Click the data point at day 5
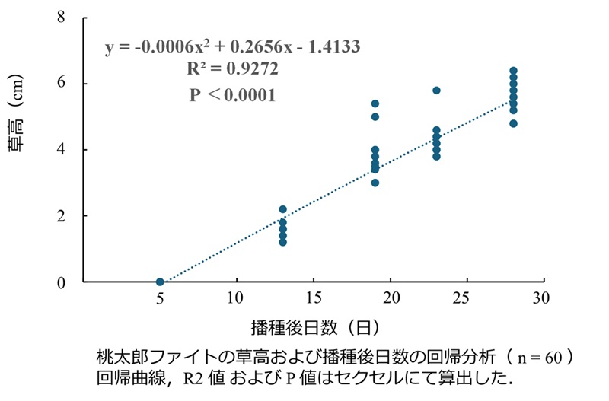[x=160, y=282]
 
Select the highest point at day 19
[x=375, y=103]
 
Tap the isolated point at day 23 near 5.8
[x=436, y=91]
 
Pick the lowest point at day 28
[x=513, y=123]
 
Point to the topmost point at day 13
[x=283, y=209]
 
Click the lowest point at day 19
[x=375, y=183]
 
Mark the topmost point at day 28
[x=513, y=71]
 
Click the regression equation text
[x=232, y=47]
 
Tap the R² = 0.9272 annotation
[x=232, y=70]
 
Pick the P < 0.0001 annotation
[x=232, y=96]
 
